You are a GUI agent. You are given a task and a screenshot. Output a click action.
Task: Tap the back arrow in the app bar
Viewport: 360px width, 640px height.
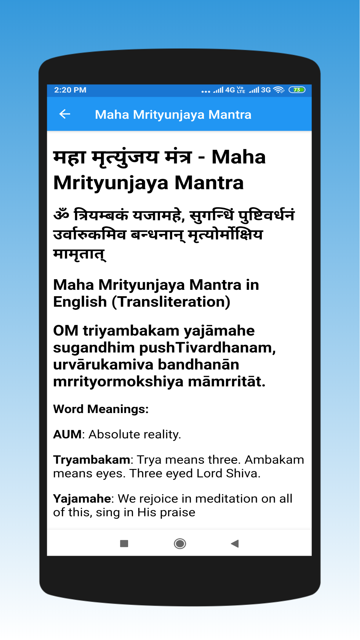point(65,114)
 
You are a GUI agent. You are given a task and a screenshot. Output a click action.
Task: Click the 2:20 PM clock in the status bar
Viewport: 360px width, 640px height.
point(70,90)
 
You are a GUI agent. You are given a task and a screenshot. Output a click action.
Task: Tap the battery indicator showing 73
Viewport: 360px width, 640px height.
point(297,90)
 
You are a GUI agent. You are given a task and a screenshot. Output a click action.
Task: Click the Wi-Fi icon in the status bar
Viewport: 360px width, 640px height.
point(279,90)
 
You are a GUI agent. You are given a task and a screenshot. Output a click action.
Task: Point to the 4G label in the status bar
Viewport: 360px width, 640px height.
point(230,90)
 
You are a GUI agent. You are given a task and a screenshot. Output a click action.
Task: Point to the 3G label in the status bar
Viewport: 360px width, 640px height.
point(266,90)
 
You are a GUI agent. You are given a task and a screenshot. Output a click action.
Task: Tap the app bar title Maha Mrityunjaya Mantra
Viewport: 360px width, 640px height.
point(173,115)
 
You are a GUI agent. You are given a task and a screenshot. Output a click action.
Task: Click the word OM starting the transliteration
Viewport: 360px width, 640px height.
point(66,331)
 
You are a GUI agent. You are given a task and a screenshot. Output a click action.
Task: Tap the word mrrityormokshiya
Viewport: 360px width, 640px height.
point(118,382)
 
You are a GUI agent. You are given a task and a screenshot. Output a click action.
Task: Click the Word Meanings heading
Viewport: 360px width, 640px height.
point(101,409)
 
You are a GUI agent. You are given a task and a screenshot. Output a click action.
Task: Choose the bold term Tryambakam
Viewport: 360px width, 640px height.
point(92,460)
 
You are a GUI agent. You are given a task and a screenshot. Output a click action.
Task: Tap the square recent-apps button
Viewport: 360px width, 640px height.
point(124,543)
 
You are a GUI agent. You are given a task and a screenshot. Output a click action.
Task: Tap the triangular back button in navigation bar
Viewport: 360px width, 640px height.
point(235,543)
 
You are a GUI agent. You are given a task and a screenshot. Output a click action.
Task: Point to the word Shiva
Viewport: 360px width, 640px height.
point(243,474)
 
